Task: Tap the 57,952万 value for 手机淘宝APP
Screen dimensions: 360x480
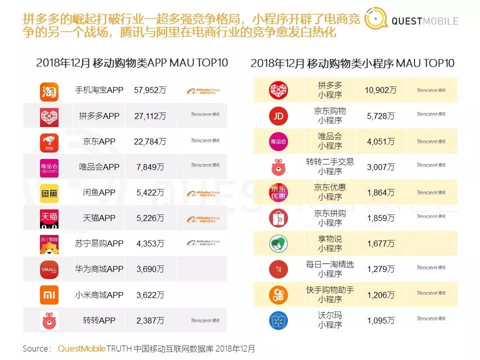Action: coord(150,90)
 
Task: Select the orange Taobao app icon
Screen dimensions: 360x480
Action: coord(49,91)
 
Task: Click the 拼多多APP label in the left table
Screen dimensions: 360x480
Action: coord(99,116)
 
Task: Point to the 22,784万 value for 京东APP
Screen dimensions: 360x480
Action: coord(150,141)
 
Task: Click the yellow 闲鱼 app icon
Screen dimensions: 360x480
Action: coord(49,193)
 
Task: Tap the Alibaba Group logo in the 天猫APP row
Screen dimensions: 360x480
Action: coord(203,218)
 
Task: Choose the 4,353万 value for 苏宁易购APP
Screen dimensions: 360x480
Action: coord(150,244)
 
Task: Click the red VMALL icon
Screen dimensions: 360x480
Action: coord(49,269)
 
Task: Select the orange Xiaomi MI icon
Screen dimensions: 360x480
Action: coord(49,295)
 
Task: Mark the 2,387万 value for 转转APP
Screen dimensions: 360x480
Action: coord(150,320)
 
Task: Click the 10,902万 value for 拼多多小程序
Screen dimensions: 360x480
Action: coord(381,90)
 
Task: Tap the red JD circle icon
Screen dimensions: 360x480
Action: coord(278,116)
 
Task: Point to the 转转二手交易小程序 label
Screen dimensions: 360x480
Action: coord(330,166)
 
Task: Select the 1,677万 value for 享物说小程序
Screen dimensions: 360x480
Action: coord(381,243)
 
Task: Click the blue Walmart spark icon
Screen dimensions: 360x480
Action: coord(278,320)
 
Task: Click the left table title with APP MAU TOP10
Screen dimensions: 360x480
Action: coord(132,63)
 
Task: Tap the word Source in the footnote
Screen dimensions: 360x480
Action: coord(36,348)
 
